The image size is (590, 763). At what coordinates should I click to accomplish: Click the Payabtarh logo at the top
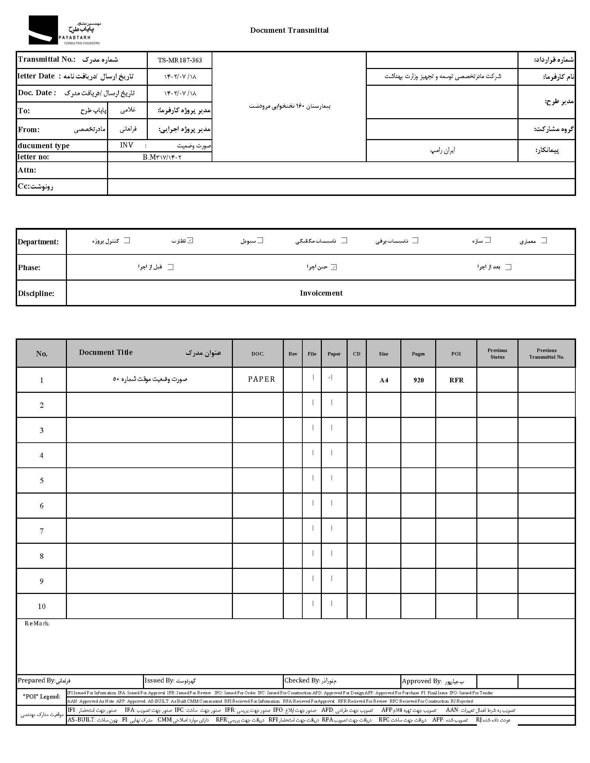(x=64, y=30)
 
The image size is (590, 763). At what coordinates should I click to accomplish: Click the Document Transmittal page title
(x=289, y=30)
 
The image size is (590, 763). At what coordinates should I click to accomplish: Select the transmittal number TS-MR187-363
(x=180, y=60)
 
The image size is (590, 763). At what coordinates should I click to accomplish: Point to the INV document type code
(x=126, y=145)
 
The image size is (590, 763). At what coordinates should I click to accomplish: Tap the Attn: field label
(x=27, y=170)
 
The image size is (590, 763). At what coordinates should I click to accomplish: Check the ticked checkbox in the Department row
(x=190, y=241)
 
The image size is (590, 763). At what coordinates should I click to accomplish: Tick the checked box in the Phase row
(x=334, y=267)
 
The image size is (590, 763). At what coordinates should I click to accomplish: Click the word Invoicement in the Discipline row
(x=321, y=293)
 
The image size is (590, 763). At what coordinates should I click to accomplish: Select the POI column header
(x=456, y=353)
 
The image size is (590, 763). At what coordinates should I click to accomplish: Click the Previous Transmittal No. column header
(x=546, y=353)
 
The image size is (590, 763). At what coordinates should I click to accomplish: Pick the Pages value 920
(x=418, y=380)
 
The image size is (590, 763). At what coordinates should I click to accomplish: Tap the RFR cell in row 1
(x=456, y=380)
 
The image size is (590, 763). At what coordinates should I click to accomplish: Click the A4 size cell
(x=384, y=380)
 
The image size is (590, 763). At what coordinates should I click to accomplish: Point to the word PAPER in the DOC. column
(x=261, y=379)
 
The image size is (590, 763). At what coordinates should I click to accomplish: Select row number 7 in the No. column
(x=41, y=531)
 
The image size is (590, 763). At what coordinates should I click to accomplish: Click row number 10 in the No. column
(x=41, y=606)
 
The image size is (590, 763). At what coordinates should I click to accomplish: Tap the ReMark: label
(x=37, y=624)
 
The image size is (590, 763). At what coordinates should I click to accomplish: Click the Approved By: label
(x=422, y=681)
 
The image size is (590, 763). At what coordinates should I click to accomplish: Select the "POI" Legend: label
(x=41, y=697)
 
